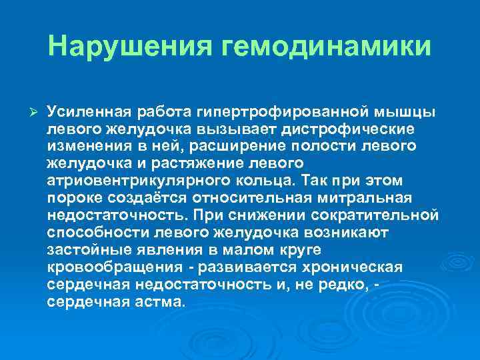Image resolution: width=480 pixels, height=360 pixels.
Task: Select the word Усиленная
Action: pyautogui.click(x=88, y=110)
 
